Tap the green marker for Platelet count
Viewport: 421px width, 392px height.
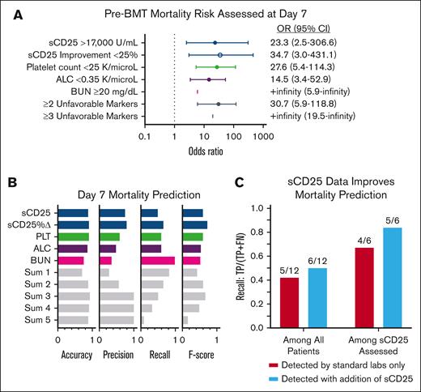[x=217, y=67]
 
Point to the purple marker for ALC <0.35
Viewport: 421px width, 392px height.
[x=209, y=79]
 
